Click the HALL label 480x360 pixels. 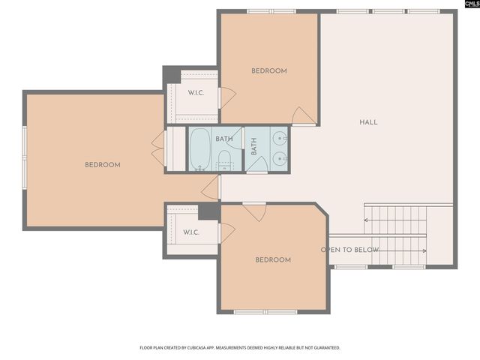(x=368, y=122)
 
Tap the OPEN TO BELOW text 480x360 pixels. (x=349, y=250)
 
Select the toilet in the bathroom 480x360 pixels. (x=224, y=159)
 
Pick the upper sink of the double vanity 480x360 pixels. (x=279, y=138)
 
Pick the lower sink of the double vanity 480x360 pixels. (x=279, y=159)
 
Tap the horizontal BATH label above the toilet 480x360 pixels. (x=224, y=139)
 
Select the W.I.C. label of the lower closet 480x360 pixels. (x=192, y=232)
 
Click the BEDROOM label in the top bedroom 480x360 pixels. (x=268, y=71)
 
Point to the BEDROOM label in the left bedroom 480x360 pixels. (x=102, y=165)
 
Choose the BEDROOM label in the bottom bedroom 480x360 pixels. (x=273, y=260)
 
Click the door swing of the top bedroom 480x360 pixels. (x=303, y=116)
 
